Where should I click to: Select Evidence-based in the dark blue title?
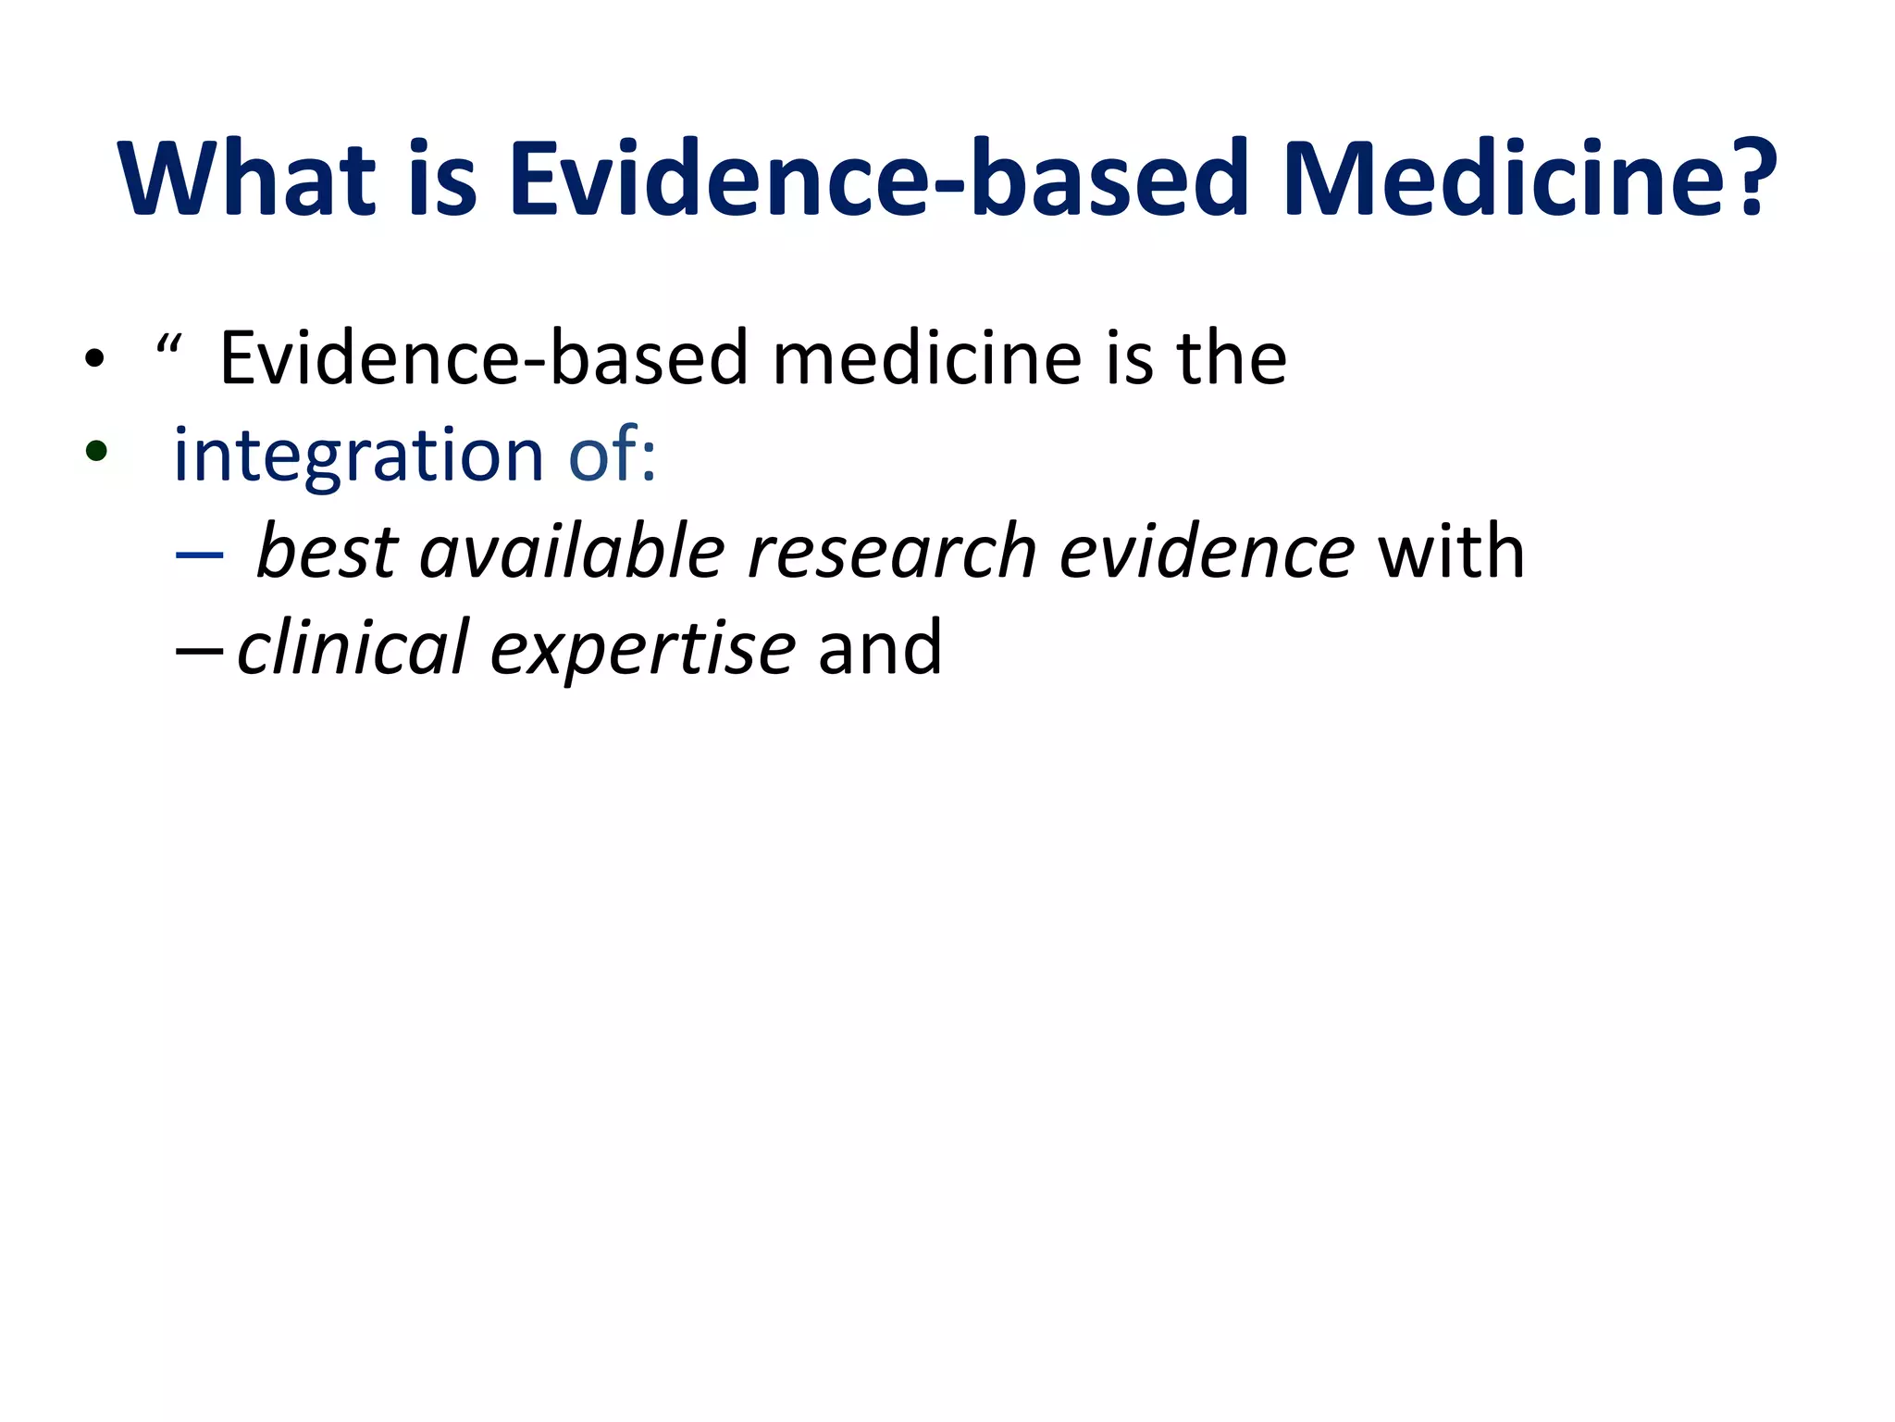879,178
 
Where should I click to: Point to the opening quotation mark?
168,346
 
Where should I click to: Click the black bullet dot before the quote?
94,359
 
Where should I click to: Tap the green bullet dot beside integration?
95,452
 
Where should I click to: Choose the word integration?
358,455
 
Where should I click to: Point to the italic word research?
892,552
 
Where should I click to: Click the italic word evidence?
1207,552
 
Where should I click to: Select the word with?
1450,552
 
